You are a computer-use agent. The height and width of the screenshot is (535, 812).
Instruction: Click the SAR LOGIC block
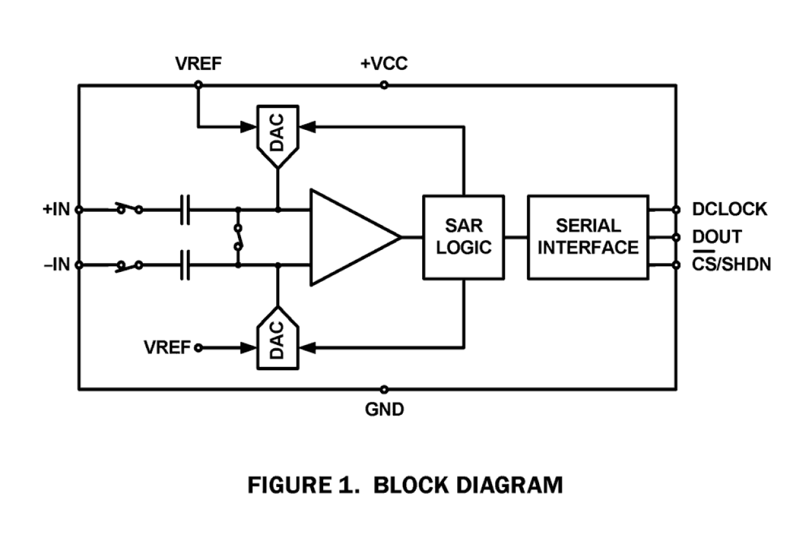coord(463,236)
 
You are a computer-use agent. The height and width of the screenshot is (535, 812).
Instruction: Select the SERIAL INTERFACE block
coord(588,236)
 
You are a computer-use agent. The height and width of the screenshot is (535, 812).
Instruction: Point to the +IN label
coord(56,209)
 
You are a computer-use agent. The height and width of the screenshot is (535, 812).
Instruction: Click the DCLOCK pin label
coord(729,209)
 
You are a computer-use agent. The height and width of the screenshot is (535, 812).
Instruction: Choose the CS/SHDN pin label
coord(731,265)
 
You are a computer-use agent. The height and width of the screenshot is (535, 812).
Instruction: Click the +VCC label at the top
coord(384,64)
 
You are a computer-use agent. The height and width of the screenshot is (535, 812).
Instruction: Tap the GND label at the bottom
coord(384,410)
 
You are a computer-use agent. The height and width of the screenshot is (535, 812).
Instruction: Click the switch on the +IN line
coord(129,209)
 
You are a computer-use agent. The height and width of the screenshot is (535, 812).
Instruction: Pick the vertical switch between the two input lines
coord(238,237)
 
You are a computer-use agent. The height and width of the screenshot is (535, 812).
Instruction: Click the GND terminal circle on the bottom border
coord(384,389)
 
